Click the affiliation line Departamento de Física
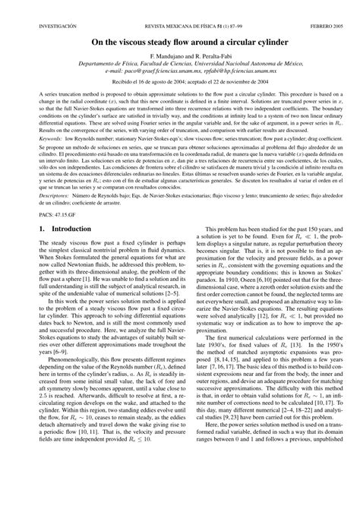(x=180, y=66)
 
